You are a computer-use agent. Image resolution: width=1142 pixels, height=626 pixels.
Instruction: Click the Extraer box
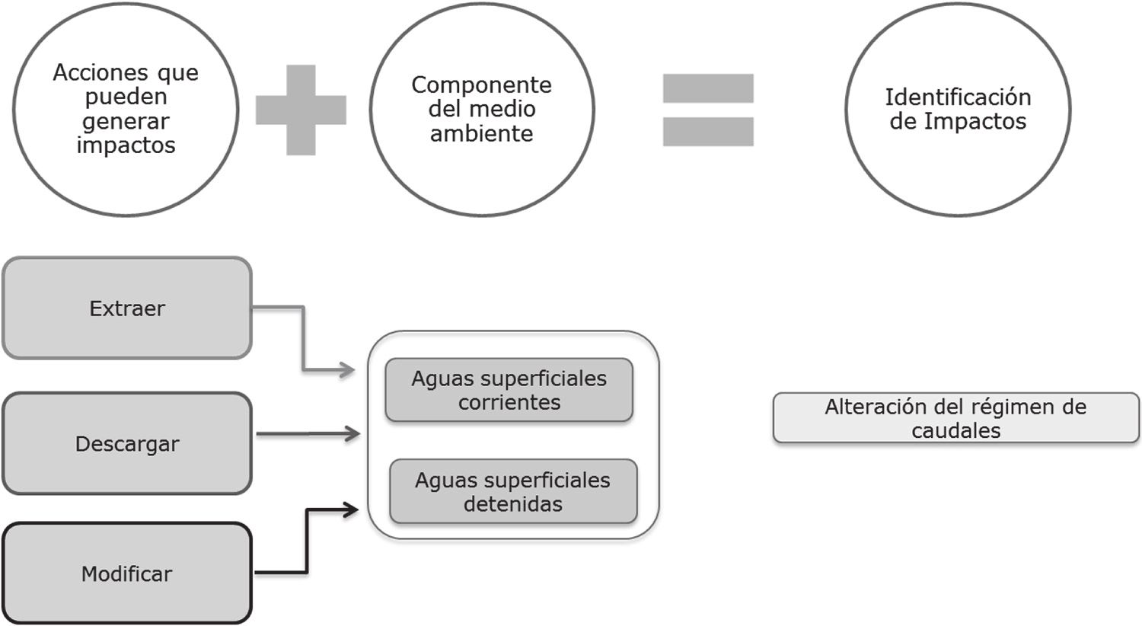(x=126, y=308)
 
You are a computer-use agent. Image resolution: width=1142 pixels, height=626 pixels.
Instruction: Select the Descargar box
(x=126, y=443)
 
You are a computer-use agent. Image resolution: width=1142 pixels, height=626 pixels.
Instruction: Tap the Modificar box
(x=126, y=573)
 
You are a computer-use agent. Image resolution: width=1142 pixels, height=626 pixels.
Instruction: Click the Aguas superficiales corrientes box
(x=509, y=390)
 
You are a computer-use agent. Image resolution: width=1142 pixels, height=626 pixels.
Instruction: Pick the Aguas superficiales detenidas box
(x=512, y=491)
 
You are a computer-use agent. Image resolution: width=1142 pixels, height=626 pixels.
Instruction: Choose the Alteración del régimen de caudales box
(x=955, y=418)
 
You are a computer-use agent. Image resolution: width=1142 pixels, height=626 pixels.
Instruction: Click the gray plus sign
(x=301, y=110)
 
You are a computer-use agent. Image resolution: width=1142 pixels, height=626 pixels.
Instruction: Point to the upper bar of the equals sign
(x=708, y=88)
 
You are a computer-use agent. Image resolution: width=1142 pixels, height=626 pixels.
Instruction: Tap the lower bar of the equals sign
(x=708, y=131)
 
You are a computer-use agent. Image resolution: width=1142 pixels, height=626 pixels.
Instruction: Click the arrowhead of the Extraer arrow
(x=348, y=371)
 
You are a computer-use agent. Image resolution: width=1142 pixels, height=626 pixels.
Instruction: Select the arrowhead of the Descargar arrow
(x=352, y=434)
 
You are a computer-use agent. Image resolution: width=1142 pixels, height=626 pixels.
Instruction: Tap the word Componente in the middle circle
(x=481, y=85)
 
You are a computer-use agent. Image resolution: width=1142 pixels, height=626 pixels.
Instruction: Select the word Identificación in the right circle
(x=958, y=97)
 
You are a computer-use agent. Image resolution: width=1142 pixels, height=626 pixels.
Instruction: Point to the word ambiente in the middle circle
(x=481, y=133)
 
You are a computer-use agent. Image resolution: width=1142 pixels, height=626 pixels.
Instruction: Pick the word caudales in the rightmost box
(x=955, y=430)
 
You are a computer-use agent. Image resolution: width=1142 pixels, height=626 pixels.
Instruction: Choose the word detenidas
(x=512, y=503)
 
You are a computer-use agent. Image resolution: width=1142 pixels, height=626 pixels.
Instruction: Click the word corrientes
(x=509, y=402)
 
